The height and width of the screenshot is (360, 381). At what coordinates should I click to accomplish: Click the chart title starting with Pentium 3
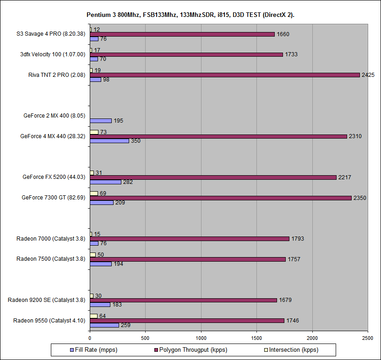click(x=190, y=15)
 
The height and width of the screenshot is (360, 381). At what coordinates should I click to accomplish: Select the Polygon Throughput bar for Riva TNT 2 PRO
click(x=224, y=75)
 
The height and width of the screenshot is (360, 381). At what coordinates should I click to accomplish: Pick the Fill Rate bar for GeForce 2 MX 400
click(x=101, y=121)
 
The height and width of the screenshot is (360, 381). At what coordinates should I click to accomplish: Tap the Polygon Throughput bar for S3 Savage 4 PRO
click(x=182, y=34)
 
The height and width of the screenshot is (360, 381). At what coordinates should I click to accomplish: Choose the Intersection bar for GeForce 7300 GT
click(x=94, y=193)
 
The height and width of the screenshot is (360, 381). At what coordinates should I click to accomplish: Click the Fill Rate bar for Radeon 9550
click(x=104, y=325)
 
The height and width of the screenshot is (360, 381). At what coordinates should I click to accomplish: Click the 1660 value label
click(x=283, y=34)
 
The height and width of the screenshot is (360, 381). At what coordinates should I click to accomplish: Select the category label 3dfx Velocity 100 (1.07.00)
click(x=57, y=54)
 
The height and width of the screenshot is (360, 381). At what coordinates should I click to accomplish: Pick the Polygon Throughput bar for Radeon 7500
click(x=187, y=259)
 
